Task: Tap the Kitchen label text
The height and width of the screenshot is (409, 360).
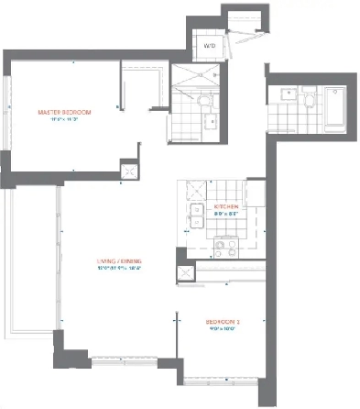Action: pyautogui.click(x=226, y=208)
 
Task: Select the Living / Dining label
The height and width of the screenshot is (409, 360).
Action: pyautogui.click(x=125, y=261)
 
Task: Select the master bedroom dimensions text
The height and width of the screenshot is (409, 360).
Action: pyautogui.click(x=60, y=121)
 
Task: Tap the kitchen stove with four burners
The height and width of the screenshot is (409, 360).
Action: pyautogui.click(x=224, y=247)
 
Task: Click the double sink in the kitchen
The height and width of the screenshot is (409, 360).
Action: pyautogui.click(x=196, y=216)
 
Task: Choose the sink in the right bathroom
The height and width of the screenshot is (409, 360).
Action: pyautogui.click(x=281, y=95)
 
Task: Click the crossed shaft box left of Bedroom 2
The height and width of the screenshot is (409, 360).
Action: pyautogui.click(x=186, y=274)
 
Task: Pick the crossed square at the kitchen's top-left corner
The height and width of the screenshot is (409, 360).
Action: pyautogui.click(x=194, y=190)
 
